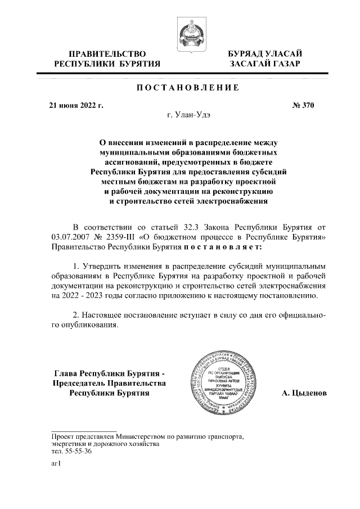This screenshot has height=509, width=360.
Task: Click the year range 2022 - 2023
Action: (x=72, y=294)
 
